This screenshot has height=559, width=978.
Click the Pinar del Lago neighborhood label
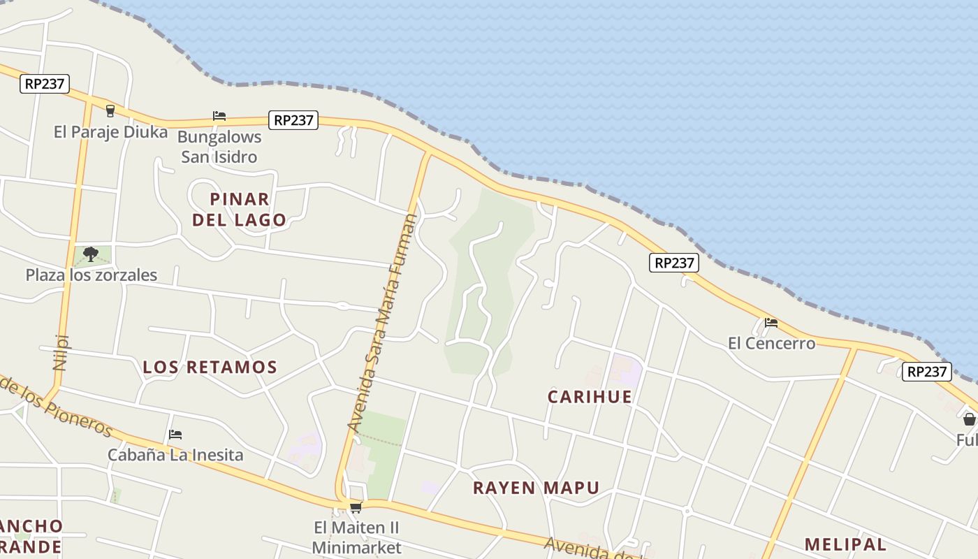pyautogui.click(x=240, y=209)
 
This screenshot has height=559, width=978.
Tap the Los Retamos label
pyautogui.click(x=210, y=367)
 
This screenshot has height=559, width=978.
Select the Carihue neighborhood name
pyautogui.click(x=590, y=397)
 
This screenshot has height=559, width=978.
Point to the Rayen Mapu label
pyautogui.click(x=536, y=488)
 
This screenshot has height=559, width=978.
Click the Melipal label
pyautogui.click(x=845, y=544)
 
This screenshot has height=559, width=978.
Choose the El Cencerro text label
pyautogui.click(x=771, y=343)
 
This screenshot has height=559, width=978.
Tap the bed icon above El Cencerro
pyautogui.click(x=771, y=322)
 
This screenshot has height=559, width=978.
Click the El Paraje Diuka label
pyautogui.click(x=110, y=132)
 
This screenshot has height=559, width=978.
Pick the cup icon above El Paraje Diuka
pyautogui.click(x=110, y=110)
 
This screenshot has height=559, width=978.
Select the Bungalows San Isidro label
pyautogui.click(x=219, y=147)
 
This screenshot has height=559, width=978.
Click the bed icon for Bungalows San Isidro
pyautogui.click(x=219, y=115)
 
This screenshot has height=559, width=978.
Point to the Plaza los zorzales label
pyautogui.click(x=92, y=275)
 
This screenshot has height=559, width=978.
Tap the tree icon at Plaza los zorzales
pyautogui.click(x=90, y=254)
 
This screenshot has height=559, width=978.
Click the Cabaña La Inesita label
pyautogui.click(x=175, y=455)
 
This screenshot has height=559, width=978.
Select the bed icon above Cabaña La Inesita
pyautogui.click(x=175, y=435)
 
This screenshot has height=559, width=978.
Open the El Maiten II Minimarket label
pyautogui.click(x=356, y=537)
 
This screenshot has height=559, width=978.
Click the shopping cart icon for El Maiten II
pyautogui.click(x=356, y=507)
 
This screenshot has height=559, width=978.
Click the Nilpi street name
pyautogui.click(x=61, y=351)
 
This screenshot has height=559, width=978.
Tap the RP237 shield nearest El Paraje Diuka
pyautogui.click(x=45, y=84)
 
